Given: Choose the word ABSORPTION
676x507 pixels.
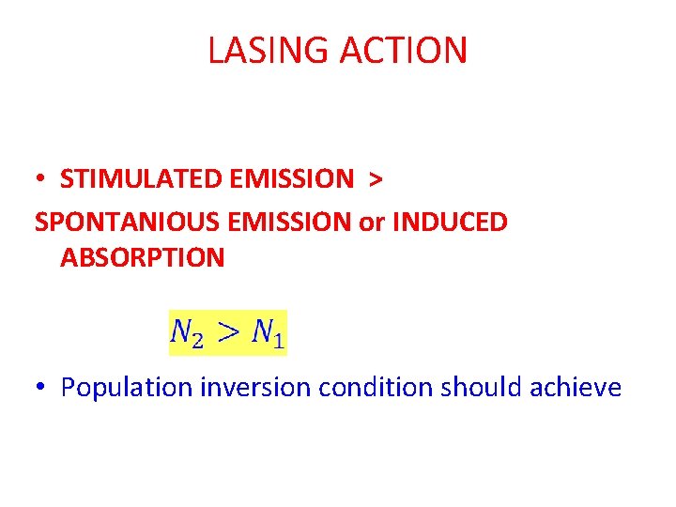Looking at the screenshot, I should pyautogui.click(x=142, y=258).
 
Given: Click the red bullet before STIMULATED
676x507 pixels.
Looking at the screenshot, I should pyautogui.click(x=43, y=179).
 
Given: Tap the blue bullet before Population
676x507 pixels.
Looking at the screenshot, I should pyautogui.click(x=43, y=388).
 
